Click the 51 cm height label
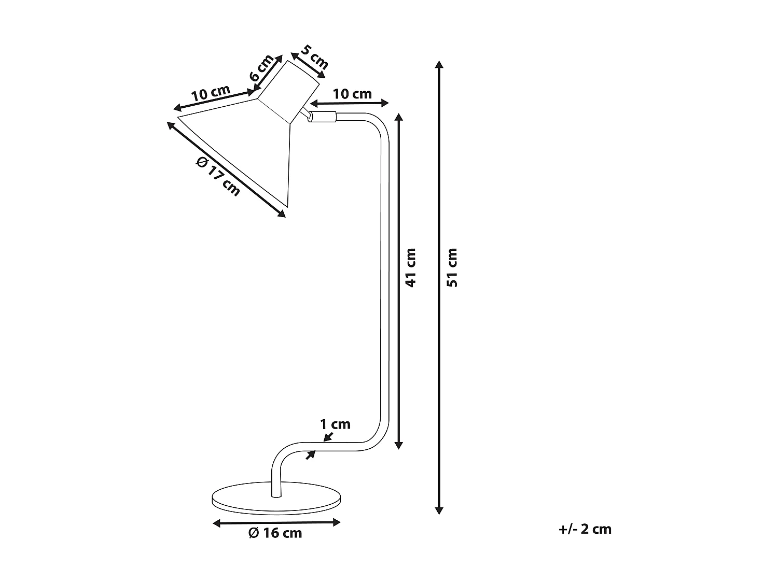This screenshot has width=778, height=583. point(452,268)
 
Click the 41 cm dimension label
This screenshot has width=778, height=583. point(411,268)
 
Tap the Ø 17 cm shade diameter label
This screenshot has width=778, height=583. point(218,176)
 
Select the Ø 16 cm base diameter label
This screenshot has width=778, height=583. point(275,533)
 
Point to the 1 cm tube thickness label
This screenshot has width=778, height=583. point(335,424)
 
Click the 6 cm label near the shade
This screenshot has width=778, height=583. point(261,68)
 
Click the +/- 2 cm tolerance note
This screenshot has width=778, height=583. point(586,529)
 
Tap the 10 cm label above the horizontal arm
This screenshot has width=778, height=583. point(352,94)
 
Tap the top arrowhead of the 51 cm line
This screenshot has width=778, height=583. point(439,65)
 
